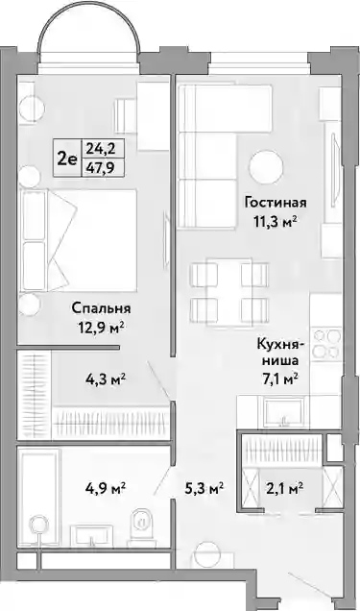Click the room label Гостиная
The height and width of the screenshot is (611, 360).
[276, 203]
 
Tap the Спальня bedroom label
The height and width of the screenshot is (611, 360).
[101, 308]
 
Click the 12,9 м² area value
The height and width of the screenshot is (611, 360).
[101, 328]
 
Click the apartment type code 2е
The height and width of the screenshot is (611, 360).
[67, 159]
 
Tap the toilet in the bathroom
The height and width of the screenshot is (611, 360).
[141, 525]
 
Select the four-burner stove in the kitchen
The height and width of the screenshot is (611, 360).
[327, 344]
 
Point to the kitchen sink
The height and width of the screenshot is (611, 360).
[284, 412]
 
